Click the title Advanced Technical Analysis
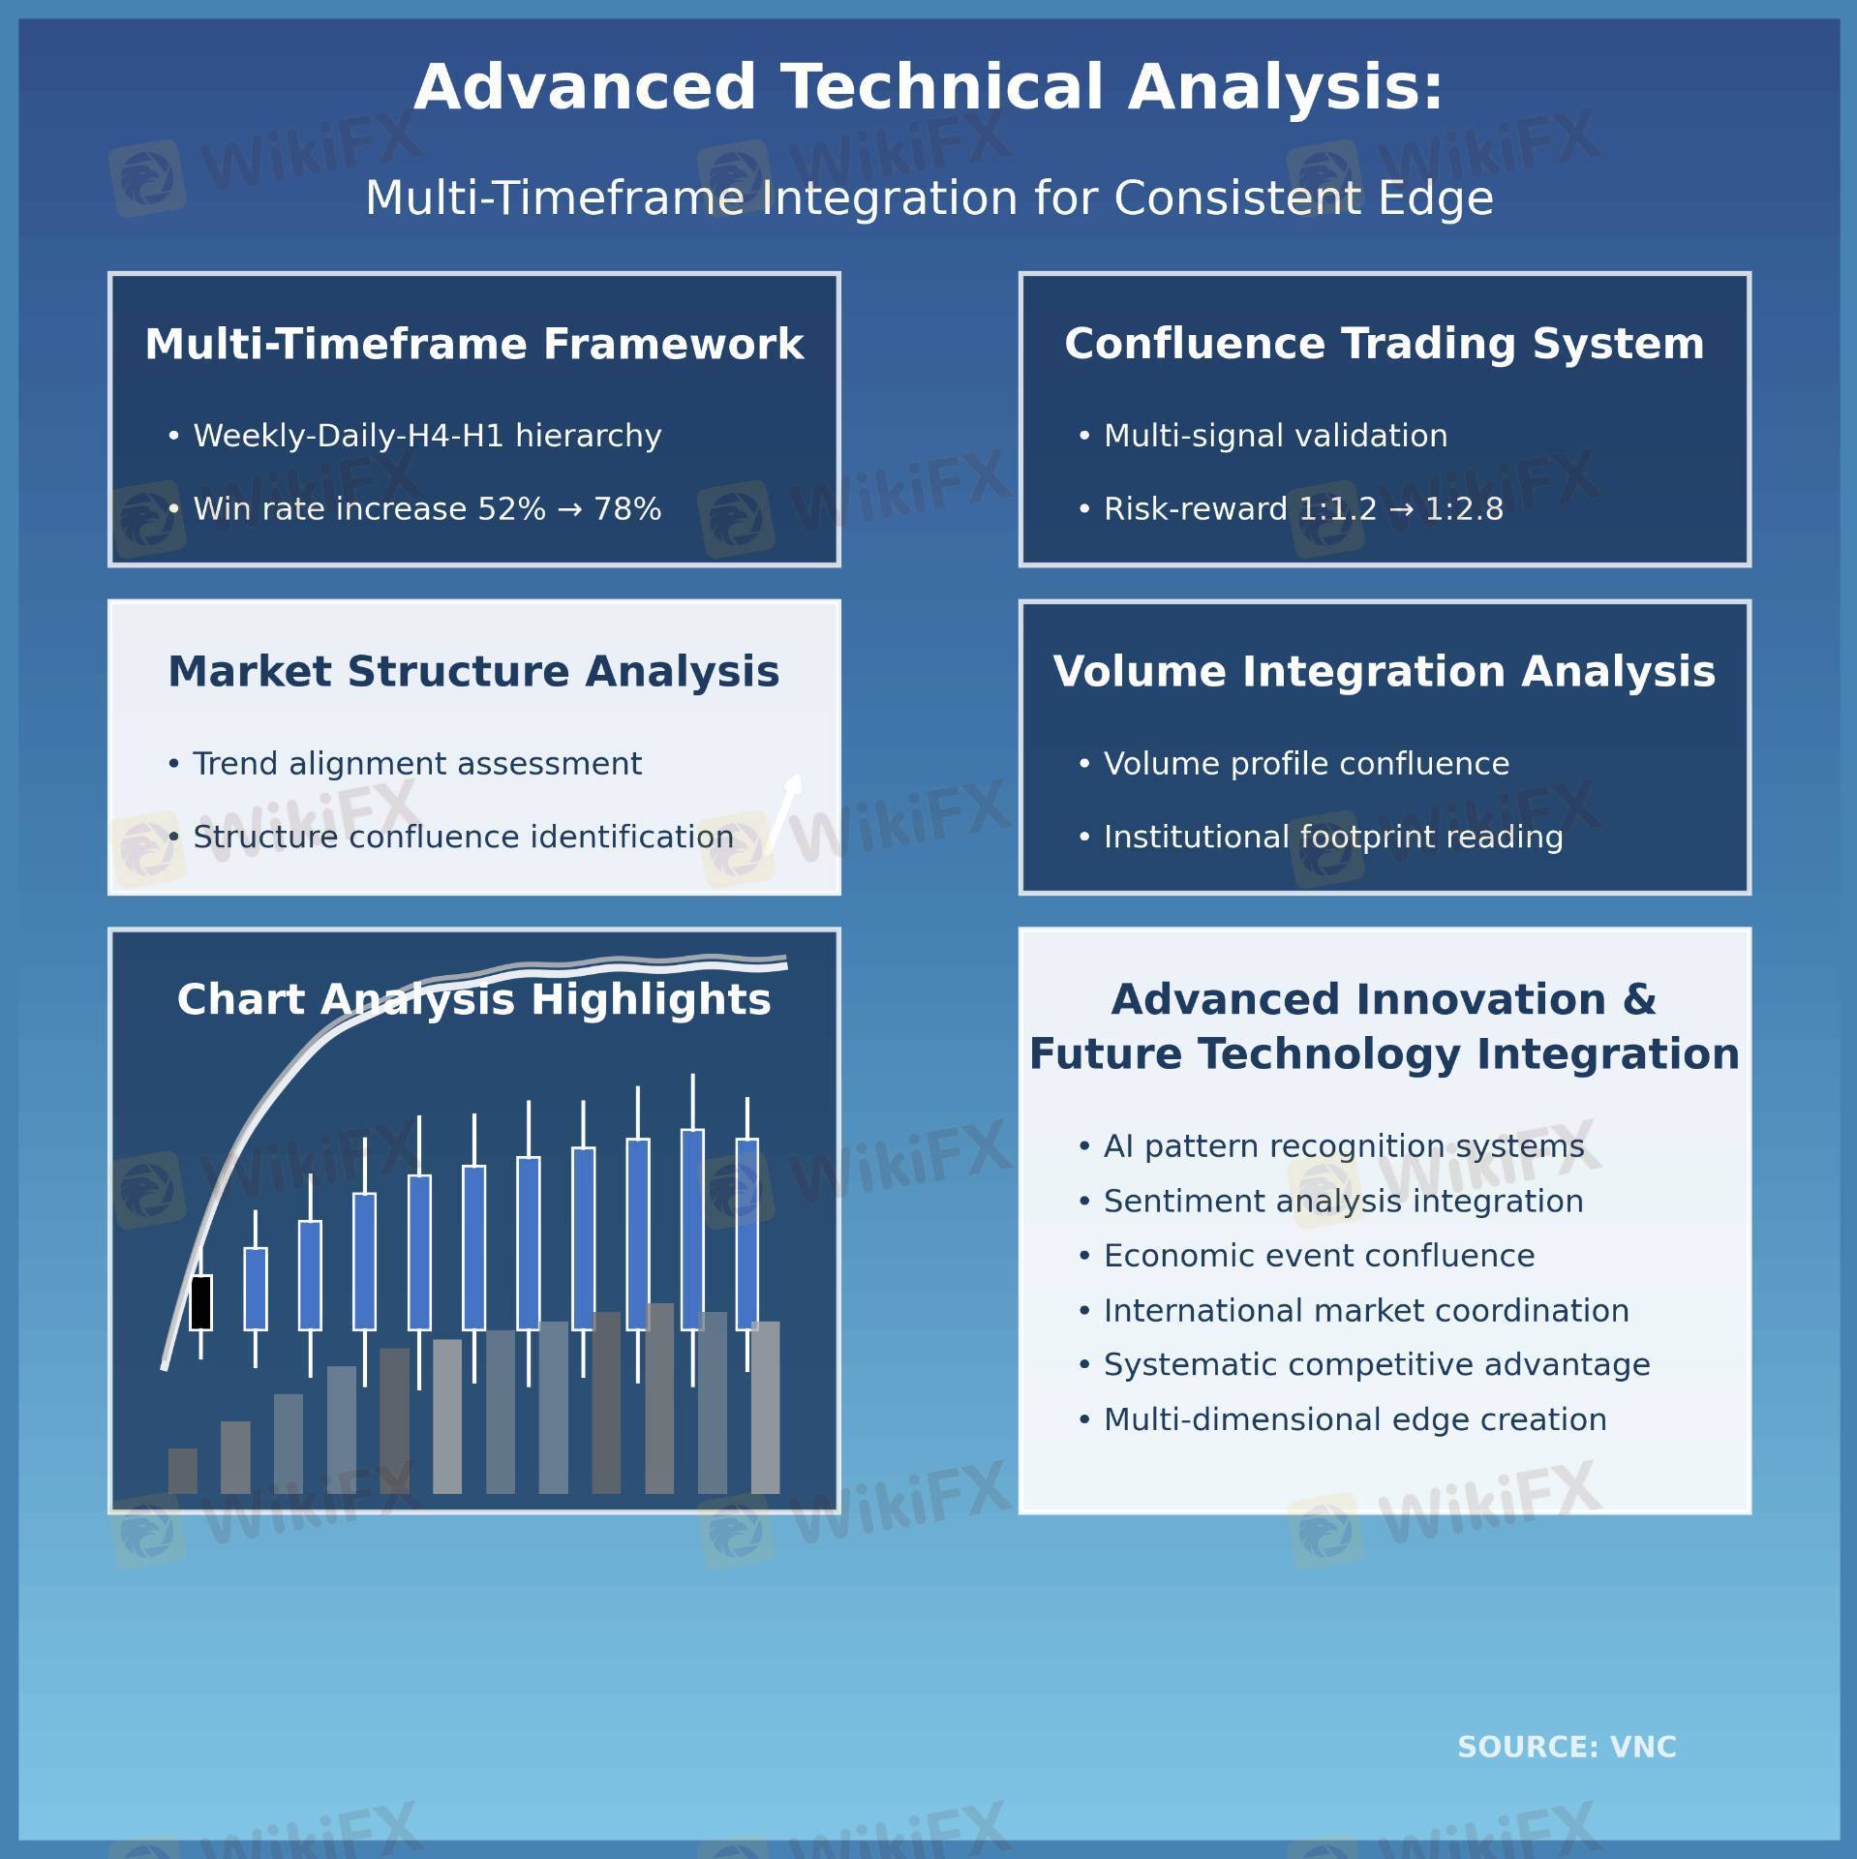coord(928,87)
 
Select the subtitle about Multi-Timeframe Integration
coord(928,198)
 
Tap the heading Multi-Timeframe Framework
coord(474,344)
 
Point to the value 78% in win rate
coord(627,508)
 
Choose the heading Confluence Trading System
coord(1385,344)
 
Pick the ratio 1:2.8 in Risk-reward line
coord(1464,508)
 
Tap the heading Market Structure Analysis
coord(473,672)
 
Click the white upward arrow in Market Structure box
coord(783,812)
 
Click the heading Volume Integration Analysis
coord(1385,672)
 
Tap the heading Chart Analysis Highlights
coord(474,999)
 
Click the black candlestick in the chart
coord(200,1302)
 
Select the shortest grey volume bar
coord(183,1471)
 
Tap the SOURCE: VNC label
coord(1567,1747)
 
